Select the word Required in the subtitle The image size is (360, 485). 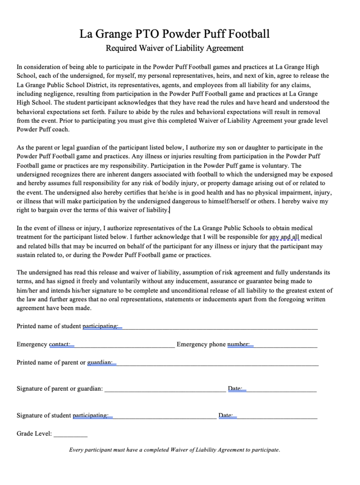121,48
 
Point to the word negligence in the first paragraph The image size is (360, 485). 51,94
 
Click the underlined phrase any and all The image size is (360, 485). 284,237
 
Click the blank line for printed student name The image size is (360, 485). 218,327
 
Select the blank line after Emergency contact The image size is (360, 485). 123,345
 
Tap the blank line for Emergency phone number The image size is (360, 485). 284,345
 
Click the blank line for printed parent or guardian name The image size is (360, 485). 216,363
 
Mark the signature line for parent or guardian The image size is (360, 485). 165,389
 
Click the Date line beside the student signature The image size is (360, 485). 277,416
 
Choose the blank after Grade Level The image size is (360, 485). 71,434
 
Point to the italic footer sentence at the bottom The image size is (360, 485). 175,450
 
